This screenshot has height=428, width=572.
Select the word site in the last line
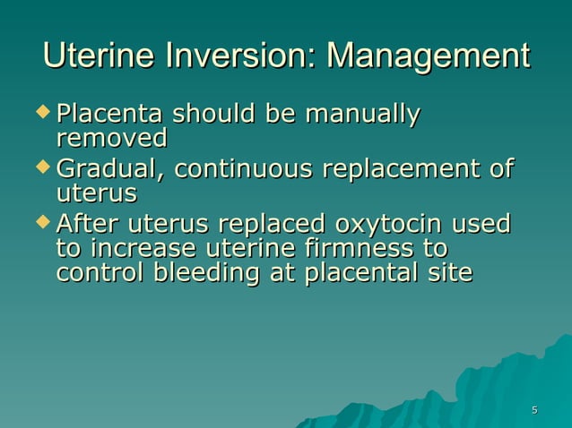(x=450, y=272)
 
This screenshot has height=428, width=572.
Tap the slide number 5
(x=534, y=410)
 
